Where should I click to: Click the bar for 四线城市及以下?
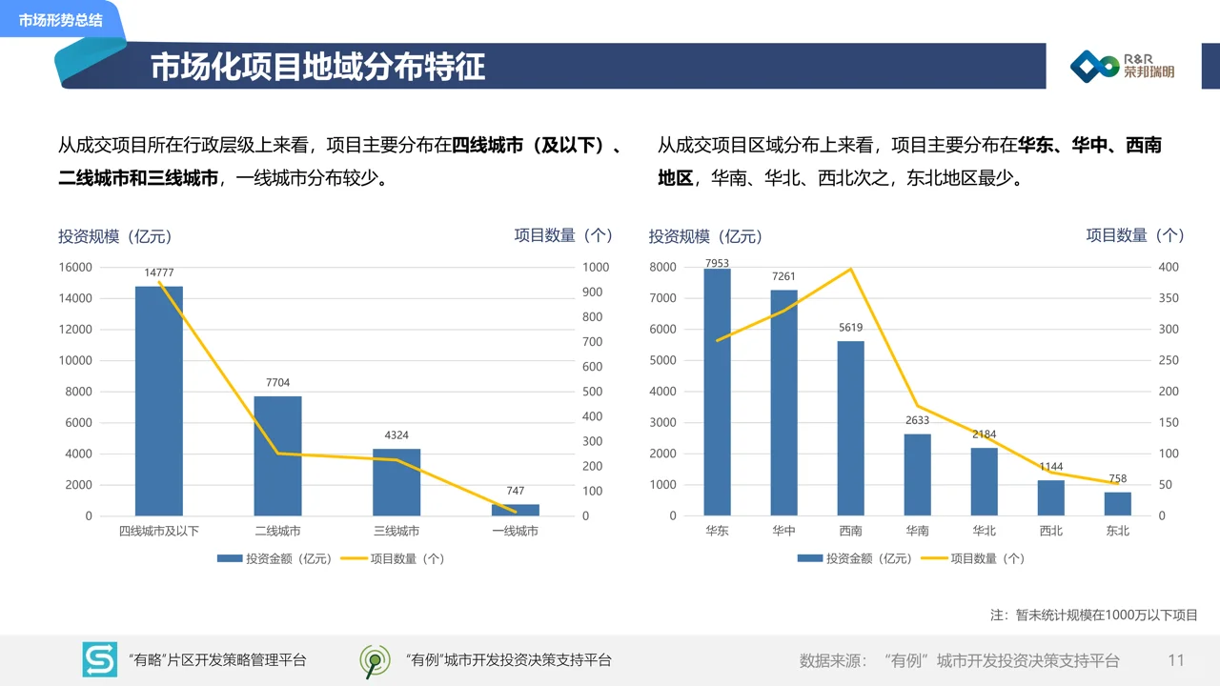coord(158,400)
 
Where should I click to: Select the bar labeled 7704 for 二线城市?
coord(277,455)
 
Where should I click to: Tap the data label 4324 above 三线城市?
coord(396,435)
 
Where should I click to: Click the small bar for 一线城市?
coord(515,510)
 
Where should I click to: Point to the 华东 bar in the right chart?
coord(717,392)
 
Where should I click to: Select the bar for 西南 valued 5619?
coord(850,428)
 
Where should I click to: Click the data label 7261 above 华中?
coord(783,277)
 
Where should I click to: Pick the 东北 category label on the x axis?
coord(1117,532)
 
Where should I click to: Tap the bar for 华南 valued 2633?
coord(917,474)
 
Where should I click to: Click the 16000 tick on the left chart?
coord(75,268)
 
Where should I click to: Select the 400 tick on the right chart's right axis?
coord(1168,268)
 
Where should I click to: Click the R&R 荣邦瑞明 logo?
coord(1122,66)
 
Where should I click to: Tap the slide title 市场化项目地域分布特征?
coord(317,67)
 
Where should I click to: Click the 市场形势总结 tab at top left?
coord(60,20)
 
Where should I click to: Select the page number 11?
coord(1175,660)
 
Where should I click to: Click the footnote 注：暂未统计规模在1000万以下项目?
coord(1093,615)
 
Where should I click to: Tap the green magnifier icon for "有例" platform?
coord(375,660)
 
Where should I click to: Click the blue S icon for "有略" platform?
coord(99,659)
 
